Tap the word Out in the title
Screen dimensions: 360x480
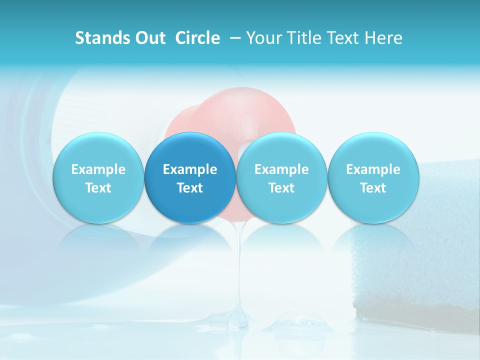(x=149, y=38)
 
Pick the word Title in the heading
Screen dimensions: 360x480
(x=305, y=38)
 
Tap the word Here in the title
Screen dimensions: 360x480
(x=383, y=38)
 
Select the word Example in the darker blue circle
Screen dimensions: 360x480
(x=190, y=170)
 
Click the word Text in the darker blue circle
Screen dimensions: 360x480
(x=190, y=188)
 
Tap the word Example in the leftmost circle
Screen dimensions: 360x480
(x=98, y=170)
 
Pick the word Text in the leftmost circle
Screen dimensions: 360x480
(x=98, y=188)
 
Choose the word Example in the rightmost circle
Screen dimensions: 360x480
(x=373, y=170)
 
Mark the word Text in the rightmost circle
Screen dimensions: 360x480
(x=373, y=188)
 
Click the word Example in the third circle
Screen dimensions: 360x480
(x=281, y=170)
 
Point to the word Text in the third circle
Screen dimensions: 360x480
(x=281, y=188)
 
